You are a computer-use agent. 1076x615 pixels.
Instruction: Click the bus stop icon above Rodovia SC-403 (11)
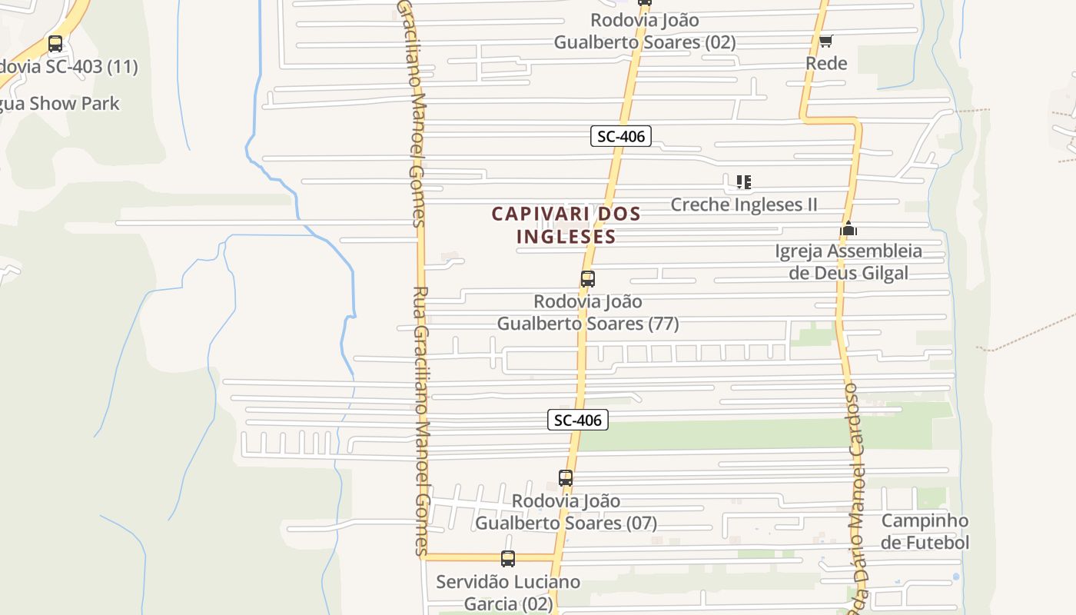point(55,44)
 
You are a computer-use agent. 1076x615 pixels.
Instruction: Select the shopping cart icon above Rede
point(825,41)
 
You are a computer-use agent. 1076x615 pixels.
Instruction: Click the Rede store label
point(826,63)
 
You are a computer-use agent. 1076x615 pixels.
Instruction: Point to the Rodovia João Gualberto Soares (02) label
point(645,31)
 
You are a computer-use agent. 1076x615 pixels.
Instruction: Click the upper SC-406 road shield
point(621,137)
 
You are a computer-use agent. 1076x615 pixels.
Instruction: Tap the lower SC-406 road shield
point(578,420)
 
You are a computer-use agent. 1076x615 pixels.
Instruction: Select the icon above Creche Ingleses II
point(743,182)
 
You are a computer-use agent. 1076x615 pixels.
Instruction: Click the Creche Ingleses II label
point(744,204)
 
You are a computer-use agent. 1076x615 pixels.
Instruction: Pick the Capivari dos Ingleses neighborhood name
point(566,224)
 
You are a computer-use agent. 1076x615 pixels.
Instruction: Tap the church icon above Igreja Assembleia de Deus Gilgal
point(849,228)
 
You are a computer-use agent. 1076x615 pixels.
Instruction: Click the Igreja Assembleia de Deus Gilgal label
point(849,262)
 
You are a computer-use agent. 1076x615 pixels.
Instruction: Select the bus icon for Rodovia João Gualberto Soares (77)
point(588,279)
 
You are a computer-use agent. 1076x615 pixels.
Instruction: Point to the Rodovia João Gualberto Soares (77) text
point(588,313)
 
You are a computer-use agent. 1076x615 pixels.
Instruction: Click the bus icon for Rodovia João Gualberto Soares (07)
point(566,478)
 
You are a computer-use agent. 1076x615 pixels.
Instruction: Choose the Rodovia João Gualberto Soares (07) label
point(566,512)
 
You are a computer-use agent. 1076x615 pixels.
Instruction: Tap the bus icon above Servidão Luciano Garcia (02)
point(508,559)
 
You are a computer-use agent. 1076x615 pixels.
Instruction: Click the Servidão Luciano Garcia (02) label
point(508,593)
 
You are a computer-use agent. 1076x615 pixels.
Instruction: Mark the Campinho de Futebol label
point(925,531)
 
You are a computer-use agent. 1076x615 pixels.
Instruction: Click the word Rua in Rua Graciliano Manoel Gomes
point(420,305)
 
